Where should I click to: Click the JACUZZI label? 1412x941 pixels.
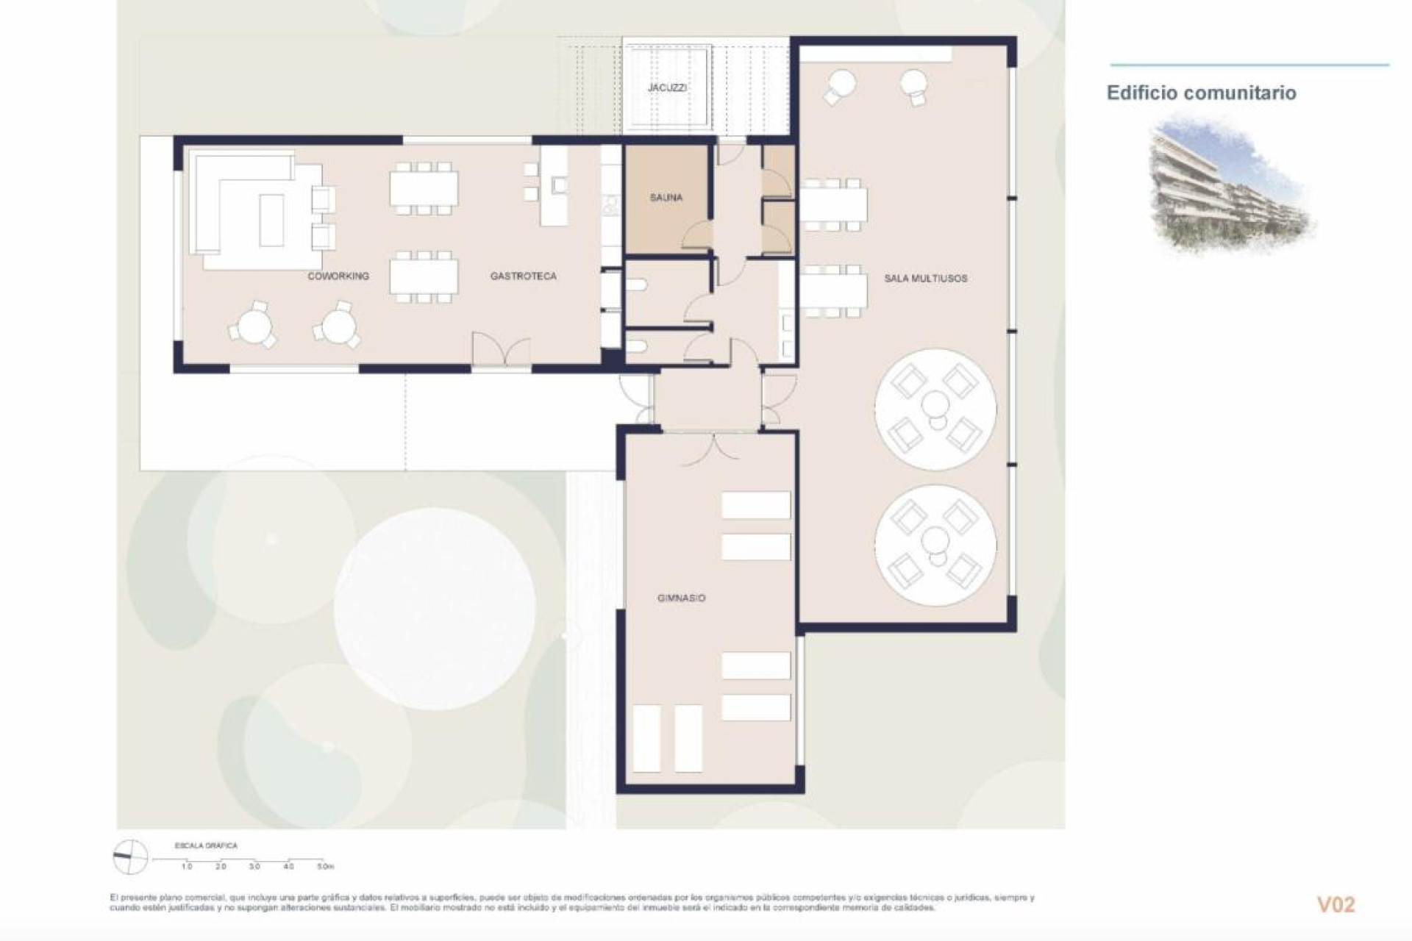667,87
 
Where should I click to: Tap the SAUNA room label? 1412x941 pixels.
666,198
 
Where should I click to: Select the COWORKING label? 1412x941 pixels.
338,276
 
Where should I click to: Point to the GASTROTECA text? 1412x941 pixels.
523,276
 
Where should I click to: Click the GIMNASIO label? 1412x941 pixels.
681,598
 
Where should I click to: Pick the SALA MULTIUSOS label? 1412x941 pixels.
925,279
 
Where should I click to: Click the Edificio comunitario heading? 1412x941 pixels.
1201,93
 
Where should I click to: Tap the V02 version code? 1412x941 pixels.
1335,904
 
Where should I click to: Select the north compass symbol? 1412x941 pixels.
131,857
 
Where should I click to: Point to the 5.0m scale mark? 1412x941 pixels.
324,867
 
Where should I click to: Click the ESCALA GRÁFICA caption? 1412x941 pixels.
205,846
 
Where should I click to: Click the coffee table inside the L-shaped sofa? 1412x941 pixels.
271,220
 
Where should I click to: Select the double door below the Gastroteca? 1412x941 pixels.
500,350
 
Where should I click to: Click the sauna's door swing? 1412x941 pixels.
697,235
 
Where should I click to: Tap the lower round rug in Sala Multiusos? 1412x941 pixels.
935,545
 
